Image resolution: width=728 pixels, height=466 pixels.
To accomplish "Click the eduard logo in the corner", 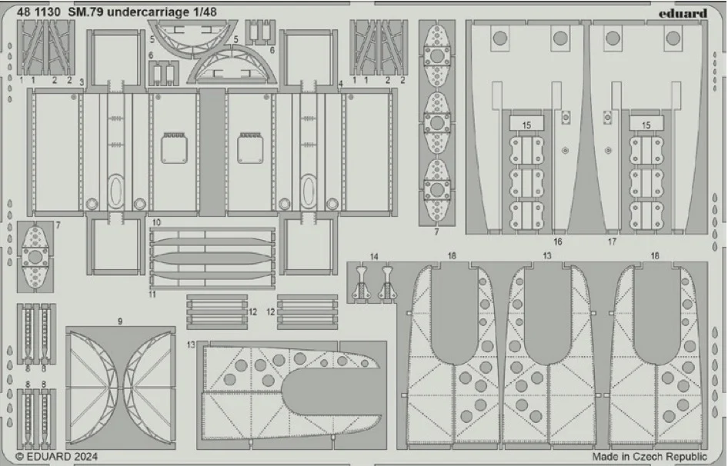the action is tap(683, 14).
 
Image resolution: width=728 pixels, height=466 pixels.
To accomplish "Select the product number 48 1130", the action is tap(38, 12).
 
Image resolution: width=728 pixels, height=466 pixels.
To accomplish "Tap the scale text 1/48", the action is tap(204, 12).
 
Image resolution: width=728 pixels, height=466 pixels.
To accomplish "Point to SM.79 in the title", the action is tap(86, 12).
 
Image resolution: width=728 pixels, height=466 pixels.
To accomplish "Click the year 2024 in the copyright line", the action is tap(84, 457).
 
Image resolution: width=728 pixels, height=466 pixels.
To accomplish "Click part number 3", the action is tap(82, 82).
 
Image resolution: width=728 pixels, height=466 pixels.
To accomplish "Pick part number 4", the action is tap(341, 84).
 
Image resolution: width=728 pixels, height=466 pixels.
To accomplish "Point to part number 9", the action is tap(120, 321).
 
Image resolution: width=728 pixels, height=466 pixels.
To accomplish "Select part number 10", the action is tap(156, 222).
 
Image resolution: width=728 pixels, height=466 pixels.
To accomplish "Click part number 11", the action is tap(152, 295).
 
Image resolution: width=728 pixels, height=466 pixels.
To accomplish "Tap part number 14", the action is tap(374, 257).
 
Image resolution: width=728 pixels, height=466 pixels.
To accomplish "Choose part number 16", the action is tap(558, 241).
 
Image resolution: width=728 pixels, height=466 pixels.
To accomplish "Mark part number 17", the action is tap(612, 241).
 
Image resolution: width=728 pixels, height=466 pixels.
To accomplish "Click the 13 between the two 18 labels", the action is tap(547, 256).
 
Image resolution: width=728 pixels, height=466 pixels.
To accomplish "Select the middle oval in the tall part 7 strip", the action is tap(437, 123).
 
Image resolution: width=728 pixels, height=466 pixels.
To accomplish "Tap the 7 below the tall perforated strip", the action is tap(436, 231).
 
